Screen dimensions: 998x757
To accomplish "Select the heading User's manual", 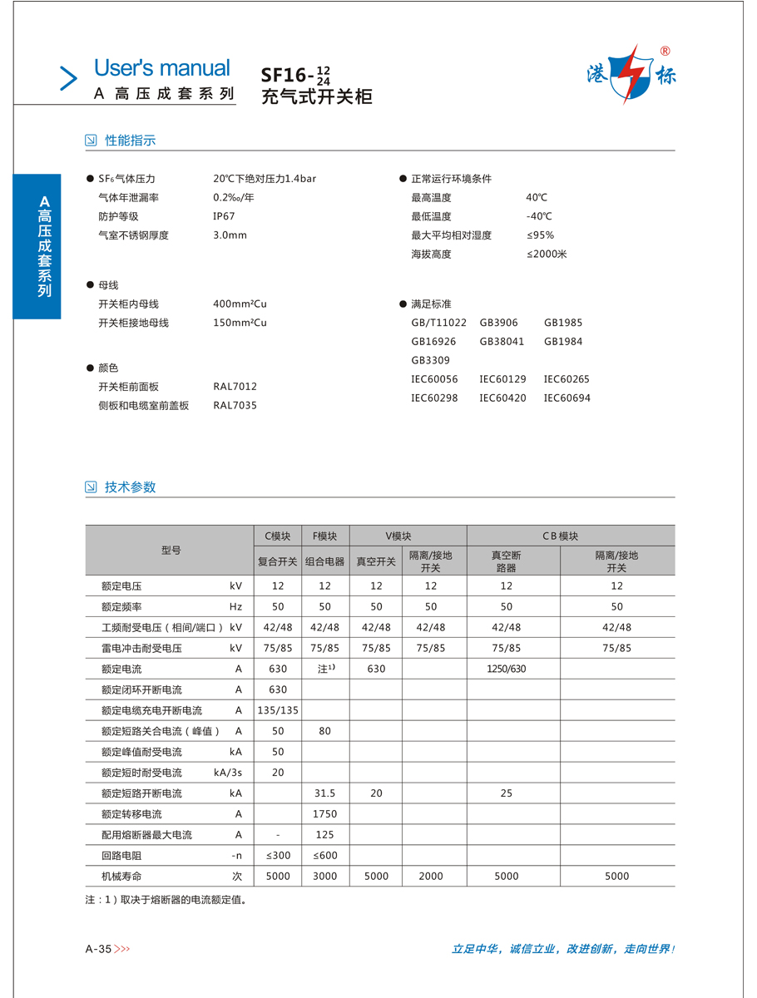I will [161, 68].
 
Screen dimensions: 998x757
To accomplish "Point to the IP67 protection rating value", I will [224, 216].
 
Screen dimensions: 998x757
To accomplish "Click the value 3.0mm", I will [230, 235].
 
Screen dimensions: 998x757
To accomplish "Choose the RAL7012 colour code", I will [235, 387].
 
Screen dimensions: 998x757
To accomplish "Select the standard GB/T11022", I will [438, 323].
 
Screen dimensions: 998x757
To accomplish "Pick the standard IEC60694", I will [567, 398].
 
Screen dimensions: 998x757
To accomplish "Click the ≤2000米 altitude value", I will [546, 254].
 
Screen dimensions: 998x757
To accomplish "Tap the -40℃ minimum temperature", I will [538, 216].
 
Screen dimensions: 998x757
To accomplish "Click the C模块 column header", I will [278, 536].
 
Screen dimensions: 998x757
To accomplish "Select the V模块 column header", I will [398, 536].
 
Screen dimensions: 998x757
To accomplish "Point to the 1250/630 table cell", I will [507, 669].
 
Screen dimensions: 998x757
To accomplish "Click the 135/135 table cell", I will [278, 710].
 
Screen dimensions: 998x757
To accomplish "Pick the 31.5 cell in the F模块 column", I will [324, 793].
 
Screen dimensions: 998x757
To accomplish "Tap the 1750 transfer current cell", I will [324, 814].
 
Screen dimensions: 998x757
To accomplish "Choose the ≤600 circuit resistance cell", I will [324, 855].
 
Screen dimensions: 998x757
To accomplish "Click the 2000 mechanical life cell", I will [431, 876].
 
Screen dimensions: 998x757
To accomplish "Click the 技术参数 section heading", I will [130, 487].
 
